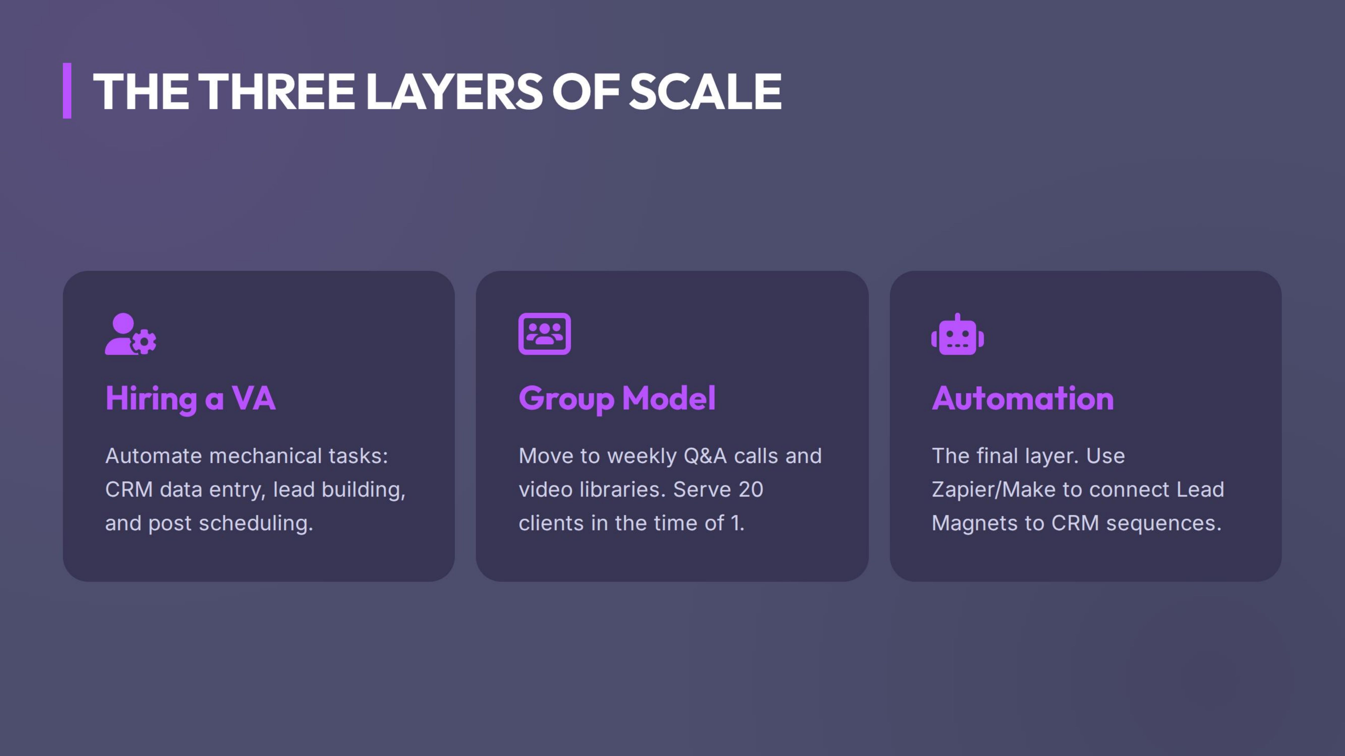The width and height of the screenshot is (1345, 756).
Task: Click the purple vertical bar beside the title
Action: [x=67, y=91]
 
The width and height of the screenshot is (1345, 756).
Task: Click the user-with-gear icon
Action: [x=131, y=334]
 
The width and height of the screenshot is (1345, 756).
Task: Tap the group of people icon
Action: [x=545, y=334]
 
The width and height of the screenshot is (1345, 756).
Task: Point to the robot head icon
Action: [x=958, y=334]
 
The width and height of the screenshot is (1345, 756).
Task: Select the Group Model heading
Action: [x=617, y=399]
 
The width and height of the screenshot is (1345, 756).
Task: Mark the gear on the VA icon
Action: [x=144, y=342]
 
